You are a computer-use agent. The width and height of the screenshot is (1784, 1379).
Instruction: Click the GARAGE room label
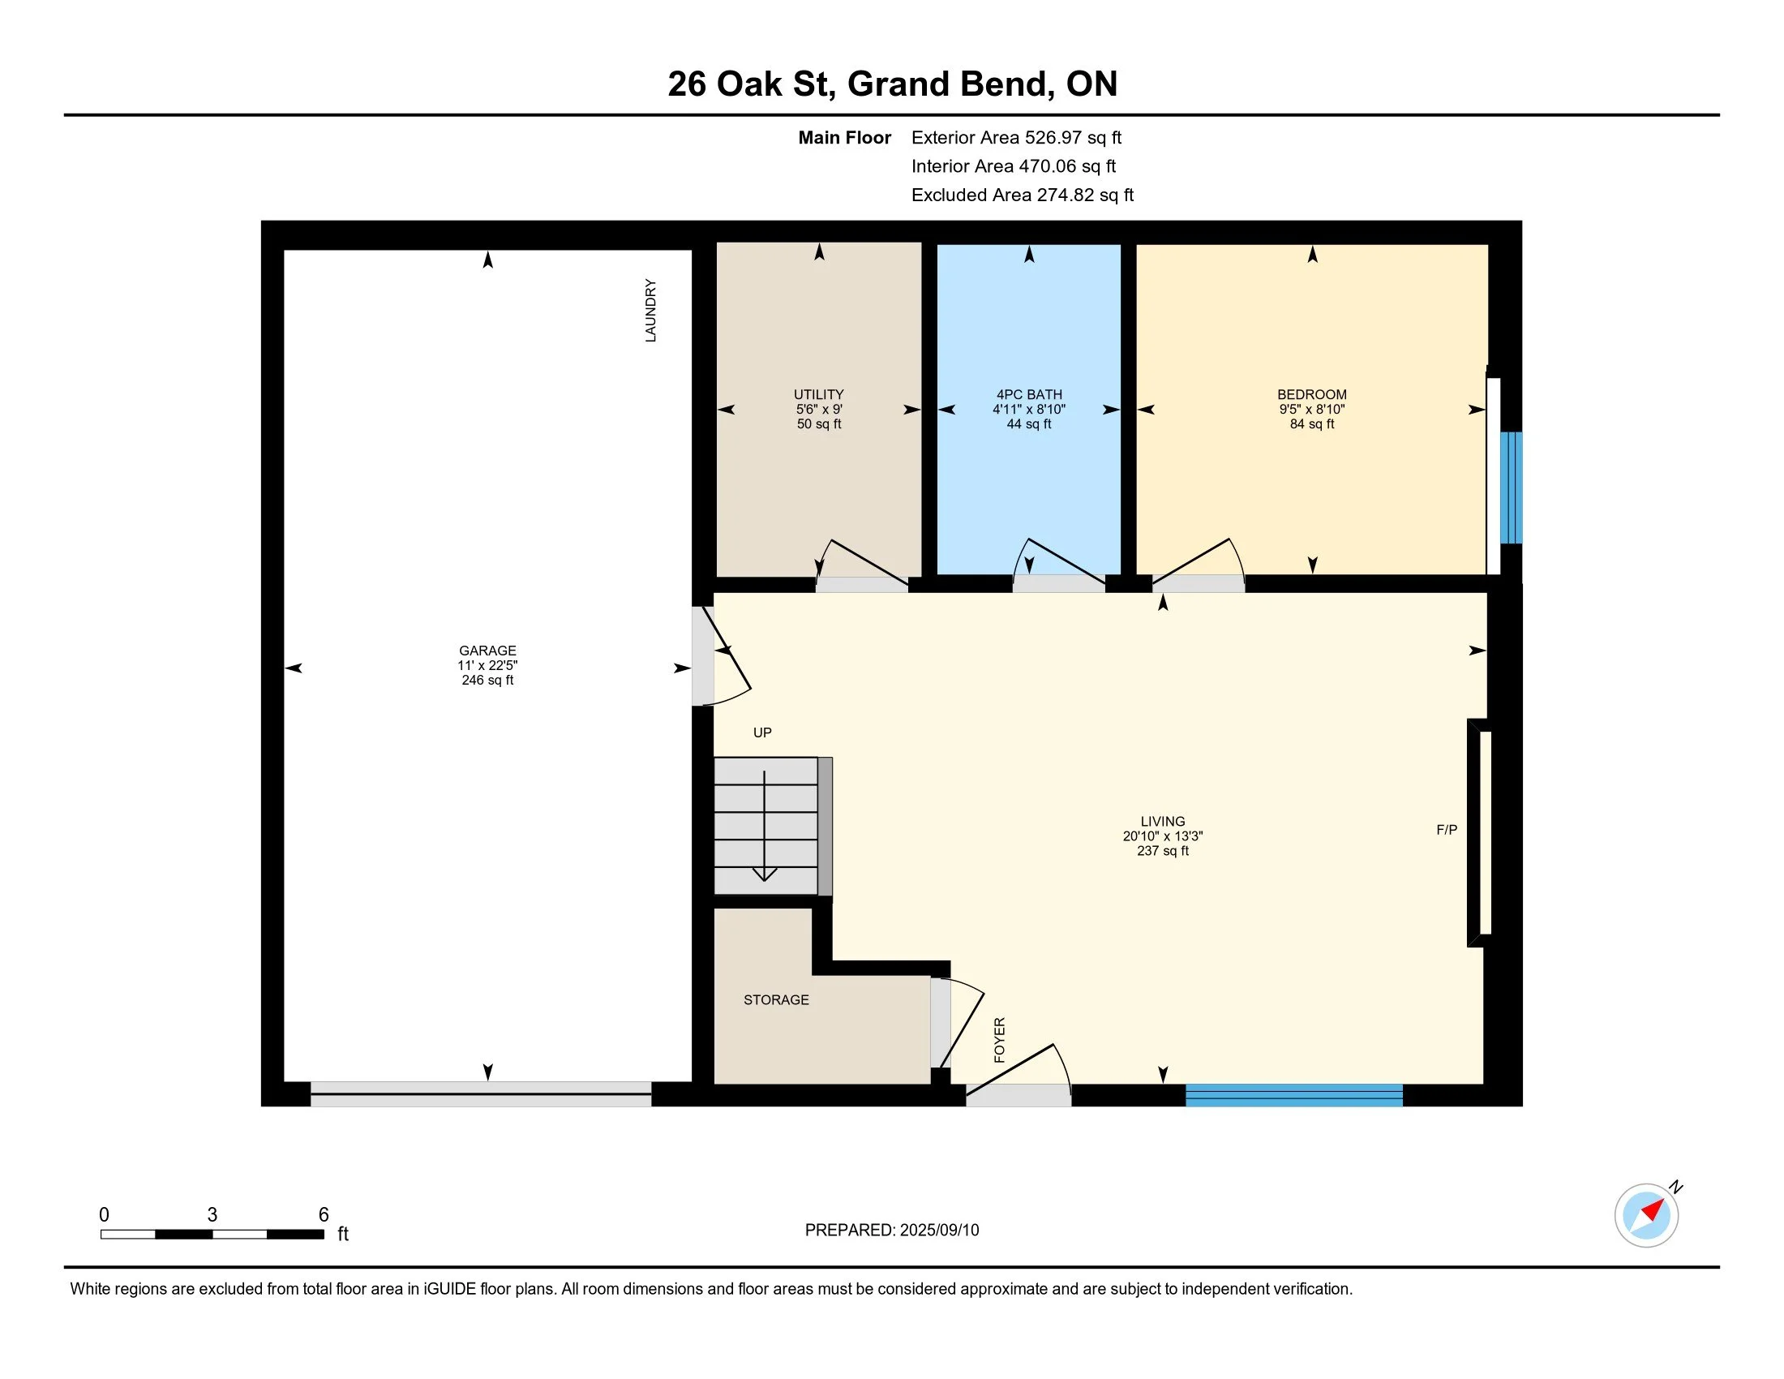[x=487, y=651]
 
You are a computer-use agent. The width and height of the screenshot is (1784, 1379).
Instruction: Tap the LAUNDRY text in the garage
[x=651, y=311]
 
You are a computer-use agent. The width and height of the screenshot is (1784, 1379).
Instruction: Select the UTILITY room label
[x=818, y=394]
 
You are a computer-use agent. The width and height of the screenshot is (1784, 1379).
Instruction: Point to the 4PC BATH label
[x=1029, y=394]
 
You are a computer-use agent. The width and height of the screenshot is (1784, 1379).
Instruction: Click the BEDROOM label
[x=1312, y=394]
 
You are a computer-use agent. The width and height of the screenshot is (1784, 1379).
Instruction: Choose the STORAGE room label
[x=776, y=1000]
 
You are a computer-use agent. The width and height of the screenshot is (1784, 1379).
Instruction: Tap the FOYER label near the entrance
[x=999, y=1040]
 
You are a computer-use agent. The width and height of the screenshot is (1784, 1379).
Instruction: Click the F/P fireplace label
[x=1447, y=830]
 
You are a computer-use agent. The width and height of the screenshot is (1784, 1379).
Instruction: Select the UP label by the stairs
[x=762, y=732]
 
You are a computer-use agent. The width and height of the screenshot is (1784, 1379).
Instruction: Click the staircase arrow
[x=765, y=825]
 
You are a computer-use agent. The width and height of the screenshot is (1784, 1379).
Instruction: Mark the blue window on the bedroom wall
[x=1512, y=488]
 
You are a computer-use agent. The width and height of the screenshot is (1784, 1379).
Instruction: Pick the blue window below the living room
[x=1294, y=1096]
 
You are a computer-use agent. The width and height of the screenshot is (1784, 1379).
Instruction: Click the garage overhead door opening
[x=480, y=1094]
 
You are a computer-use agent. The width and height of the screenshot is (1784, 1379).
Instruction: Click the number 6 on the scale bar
[x=324, y=1215]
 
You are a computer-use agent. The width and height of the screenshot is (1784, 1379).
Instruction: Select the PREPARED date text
[x=892, y=1231]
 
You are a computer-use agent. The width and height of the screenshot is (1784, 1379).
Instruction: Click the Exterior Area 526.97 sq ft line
[x=1017, y=138]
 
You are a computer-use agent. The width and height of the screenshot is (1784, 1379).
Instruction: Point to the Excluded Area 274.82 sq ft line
[x=1023, y=195]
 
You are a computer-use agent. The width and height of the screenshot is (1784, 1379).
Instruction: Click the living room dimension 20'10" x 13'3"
[x=1162, y=836]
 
